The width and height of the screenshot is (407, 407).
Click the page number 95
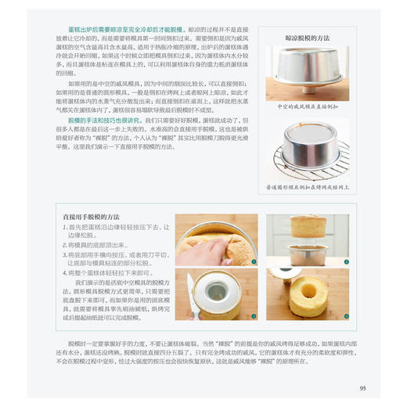point(362,387)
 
